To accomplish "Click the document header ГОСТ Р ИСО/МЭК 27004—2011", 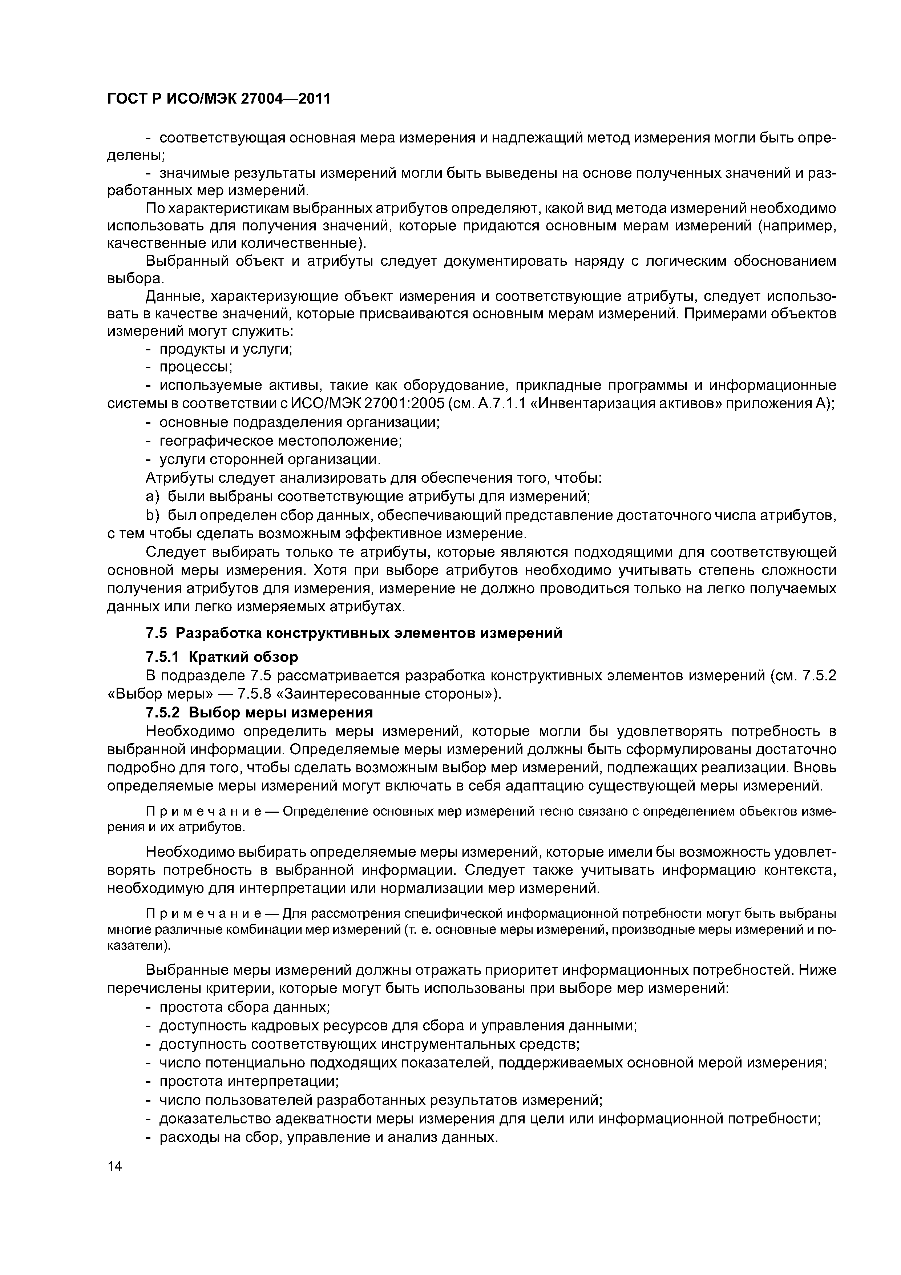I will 219,99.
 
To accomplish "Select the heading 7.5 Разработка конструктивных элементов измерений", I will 353,633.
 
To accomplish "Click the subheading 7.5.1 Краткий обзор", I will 222,657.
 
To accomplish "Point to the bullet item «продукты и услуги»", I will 225,349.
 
